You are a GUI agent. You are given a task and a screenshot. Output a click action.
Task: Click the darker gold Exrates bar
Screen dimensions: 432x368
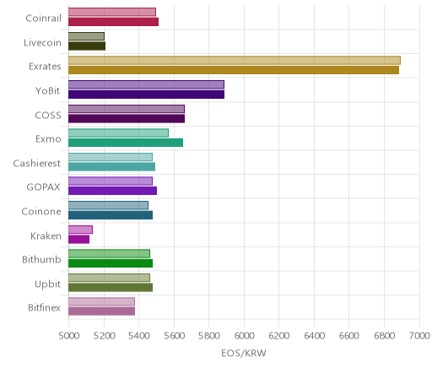234,70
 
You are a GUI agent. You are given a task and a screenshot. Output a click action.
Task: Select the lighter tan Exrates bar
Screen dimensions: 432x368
235,60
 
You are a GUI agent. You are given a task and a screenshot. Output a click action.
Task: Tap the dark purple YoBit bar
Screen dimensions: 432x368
146,95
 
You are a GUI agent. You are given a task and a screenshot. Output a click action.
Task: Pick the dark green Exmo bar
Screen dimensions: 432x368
126,143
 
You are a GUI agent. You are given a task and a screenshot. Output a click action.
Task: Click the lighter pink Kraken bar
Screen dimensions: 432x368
80,230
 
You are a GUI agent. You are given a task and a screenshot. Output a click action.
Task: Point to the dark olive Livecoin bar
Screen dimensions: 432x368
87,46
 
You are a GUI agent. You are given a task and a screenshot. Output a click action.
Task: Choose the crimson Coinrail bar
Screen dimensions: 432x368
113,22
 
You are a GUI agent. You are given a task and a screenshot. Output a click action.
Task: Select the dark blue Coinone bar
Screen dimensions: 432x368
111,215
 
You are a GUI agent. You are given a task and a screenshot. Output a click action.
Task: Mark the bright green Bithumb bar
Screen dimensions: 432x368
111,263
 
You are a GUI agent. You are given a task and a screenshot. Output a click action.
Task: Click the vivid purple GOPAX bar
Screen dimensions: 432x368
112,191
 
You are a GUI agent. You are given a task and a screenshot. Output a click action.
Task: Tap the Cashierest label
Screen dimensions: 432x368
37,164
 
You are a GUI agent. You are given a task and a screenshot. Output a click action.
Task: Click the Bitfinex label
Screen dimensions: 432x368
44,308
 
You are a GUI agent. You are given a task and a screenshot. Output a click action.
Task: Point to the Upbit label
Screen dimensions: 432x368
47,284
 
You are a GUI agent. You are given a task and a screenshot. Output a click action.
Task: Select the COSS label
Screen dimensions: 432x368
48,116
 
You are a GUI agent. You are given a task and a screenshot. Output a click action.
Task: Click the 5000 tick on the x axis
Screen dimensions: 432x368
68,336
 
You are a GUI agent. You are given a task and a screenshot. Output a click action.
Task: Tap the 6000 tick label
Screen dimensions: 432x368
244,336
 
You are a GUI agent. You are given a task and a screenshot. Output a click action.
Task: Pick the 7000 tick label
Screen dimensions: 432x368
419,336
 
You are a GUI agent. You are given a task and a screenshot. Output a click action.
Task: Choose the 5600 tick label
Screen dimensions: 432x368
174,336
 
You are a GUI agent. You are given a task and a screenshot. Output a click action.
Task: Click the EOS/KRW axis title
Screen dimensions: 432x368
244,354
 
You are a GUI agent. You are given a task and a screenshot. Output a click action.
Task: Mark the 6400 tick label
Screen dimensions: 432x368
314,336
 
